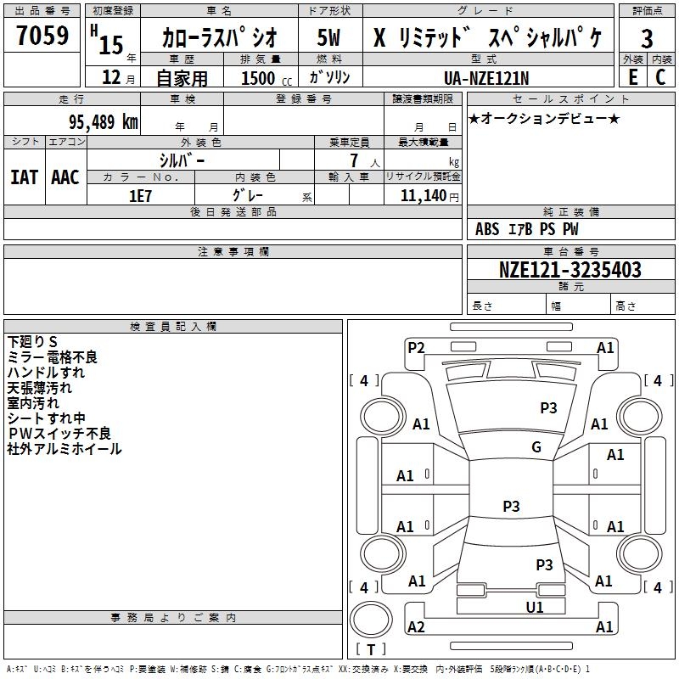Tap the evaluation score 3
[647, 39]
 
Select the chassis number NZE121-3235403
[570, 271]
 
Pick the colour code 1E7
[140, 195]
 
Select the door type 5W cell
[329, 39]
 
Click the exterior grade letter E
[632, 76]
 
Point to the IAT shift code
[24, 177]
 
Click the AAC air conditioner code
[65, 177]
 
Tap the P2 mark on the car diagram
[416, 347]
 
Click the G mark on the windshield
[536, 447]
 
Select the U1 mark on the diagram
[534, 607]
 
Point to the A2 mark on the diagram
[416, 627]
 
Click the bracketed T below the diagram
[371, 649]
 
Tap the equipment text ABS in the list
[487, 229]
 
